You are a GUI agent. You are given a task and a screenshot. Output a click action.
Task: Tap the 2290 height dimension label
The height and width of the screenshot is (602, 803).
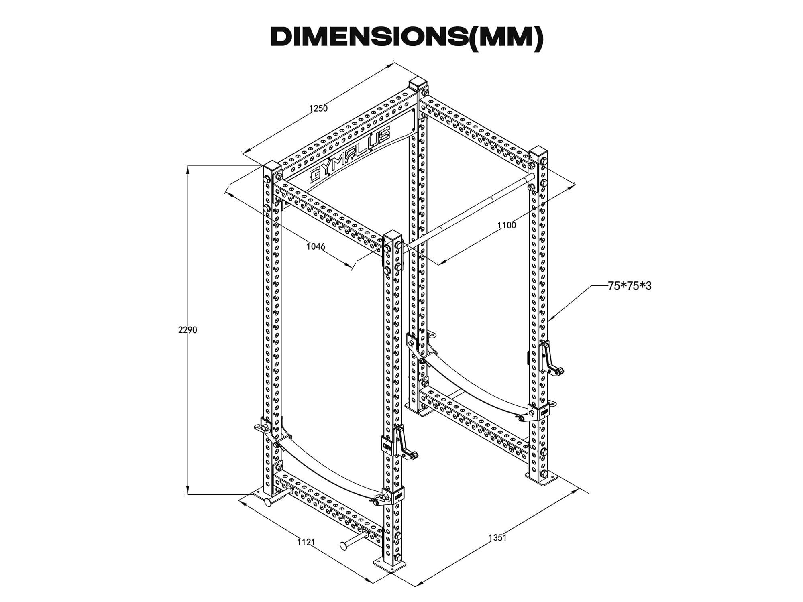[188, 330]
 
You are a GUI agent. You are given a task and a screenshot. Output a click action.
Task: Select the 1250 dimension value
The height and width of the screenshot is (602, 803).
[318, 108]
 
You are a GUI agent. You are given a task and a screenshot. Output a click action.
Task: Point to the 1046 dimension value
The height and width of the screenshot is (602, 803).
[316, 246]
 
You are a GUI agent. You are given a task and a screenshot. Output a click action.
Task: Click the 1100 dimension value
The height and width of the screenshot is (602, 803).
[507, 225]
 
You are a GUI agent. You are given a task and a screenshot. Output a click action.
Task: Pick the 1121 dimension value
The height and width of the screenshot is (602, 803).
[306, 542]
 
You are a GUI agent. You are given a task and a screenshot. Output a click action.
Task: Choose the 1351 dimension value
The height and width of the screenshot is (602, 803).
[497, 537]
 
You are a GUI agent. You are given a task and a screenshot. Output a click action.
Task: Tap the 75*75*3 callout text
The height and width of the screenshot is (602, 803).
[630, 286]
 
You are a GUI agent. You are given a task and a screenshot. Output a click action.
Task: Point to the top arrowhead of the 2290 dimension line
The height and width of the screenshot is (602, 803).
[188, 169]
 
